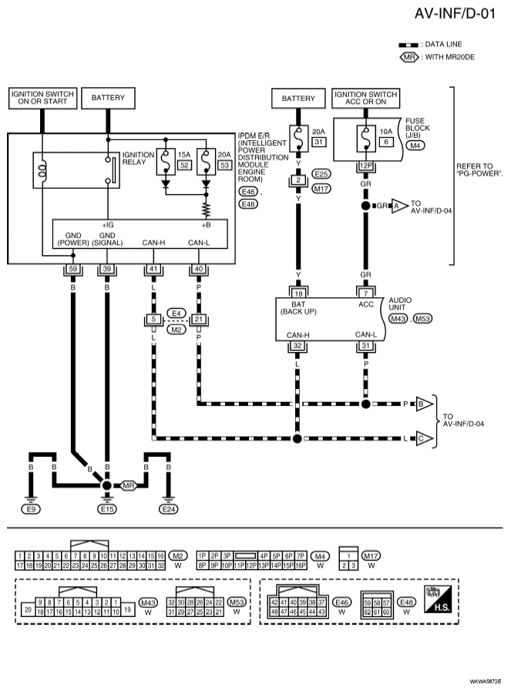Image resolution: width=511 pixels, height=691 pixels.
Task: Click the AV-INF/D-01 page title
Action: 455,14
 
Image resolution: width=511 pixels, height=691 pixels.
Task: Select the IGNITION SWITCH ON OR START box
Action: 42,98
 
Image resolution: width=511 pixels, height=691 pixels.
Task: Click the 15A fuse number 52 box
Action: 184,165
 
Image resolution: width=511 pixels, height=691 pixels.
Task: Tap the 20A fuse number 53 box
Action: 224,165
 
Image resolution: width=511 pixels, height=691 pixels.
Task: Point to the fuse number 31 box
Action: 319,142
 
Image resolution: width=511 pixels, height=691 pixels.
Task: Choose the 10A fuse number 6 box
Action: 386,142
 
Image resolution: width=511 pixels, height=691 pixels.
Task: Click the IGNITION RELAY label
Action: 139,159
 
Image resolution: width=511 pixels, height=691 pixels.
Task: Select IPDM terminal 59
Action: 73,269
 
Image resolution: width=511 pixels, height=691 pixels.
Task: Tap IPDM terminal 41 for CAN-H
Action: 153,269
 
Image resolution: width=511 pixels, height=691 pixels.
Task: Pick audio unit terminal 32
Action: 298,345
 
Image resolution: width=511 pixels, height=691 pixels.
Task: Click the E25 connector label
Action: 321,174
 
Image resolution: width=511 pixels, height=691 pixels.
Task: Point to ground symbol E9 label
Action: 31,509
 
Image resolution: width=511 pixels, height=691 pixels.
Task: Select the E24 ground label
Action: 169,509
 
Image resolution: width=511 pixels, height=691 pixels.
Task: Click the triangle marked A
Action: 399,206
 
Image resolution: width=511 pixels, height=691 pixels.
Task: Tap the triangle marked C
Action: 424,438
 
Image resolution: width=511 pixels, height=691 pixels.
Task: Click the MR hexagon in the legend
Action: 409,57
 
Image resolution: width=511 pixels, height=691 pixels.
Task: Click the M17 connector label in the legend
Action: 371,555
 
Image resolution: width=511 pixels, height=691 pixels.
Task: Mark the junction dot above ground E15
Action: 106,485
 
